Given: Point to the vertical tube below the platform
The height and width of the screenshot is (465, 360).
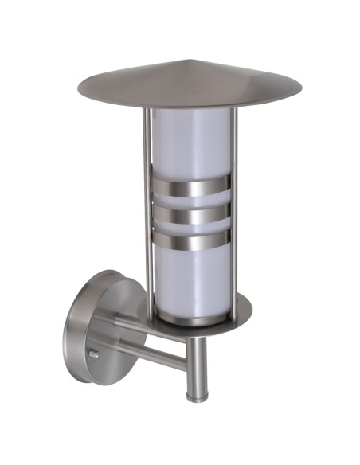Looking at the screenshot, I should pyautogui.click(x=194, y=362).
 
